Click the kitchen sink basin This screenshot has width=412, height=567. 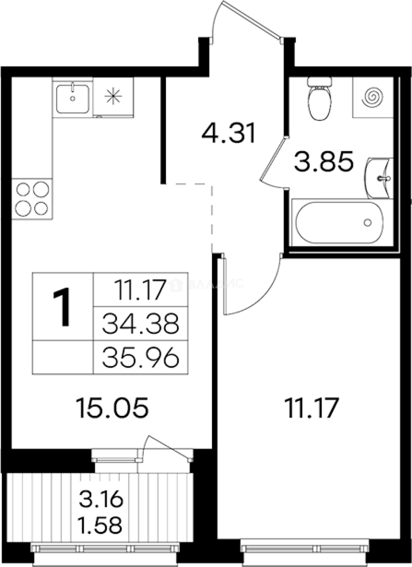72,97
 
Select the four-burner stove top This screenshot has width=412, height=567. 32,198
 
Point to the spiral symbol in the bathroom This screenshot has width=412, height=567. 374,97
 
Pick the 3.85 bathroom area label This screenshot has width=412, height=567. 322,163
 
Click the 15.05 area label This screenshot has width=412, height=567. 112,407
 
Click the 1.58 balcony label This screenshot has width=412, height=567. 101,523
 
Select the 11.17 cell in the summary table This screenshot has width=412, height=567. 141,289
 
